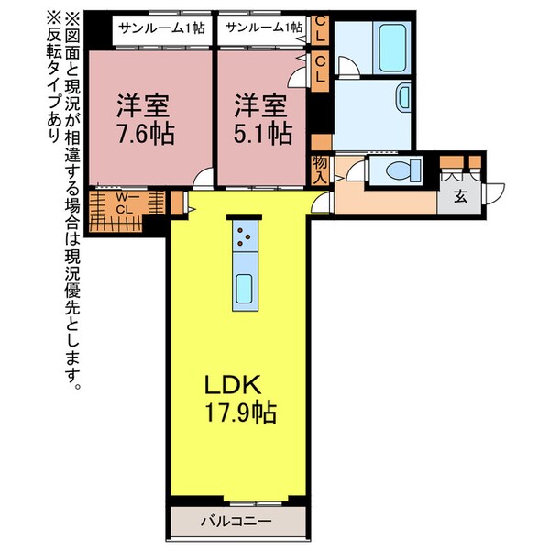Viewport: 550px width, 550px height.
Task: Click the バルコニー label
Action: tap(236, 522)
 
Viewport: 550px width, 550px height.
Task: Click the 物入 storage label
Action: tap(321, 169)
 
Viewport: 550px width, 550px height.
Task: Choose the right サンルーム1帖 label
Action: tap(263, 27)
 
